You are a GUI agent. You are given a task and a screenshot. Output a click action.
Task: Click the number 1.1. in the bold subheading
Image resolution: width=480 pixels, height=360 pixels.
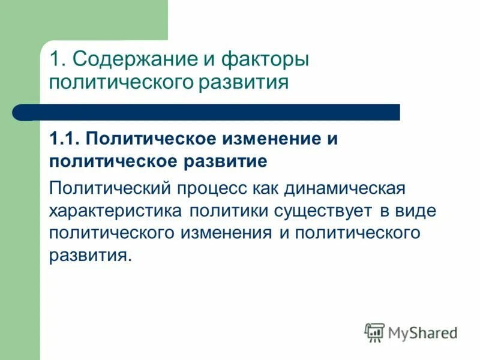65,139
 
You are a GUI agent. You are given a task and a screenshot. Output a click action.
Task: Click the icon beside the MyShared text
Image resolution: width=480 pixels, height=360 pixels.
374,332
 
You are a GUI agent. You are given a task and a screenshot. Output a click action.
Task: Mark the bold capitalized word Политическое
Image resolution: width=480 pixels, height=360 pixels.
151,139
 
